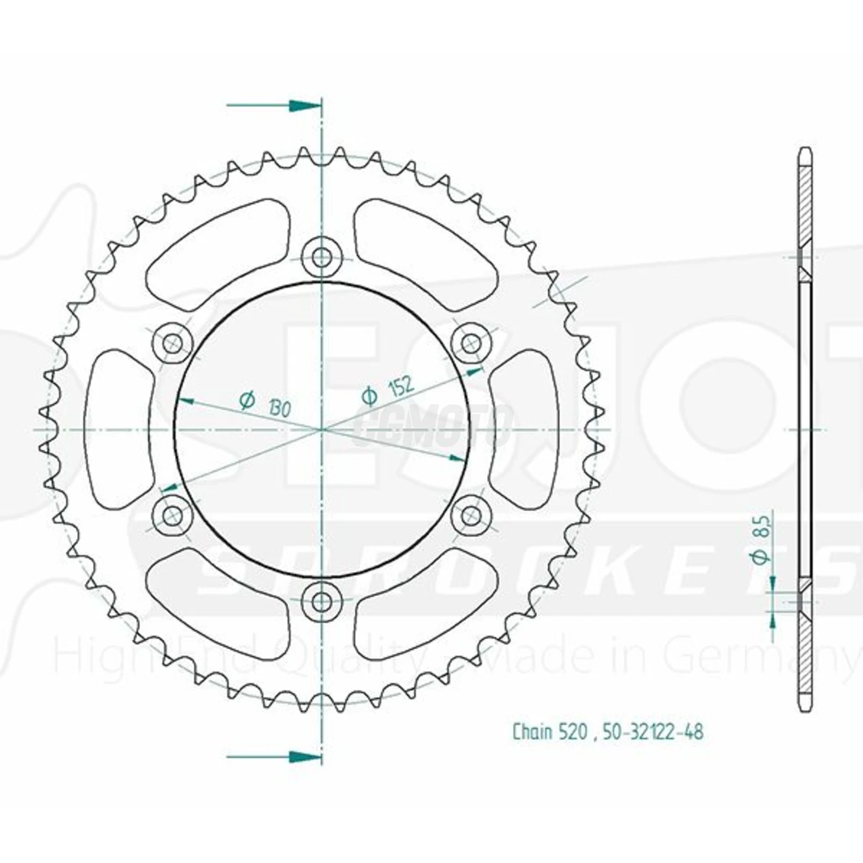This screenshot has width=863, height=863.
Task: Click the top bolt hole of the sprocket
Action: pyautogui.click(x=321, y=256)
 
